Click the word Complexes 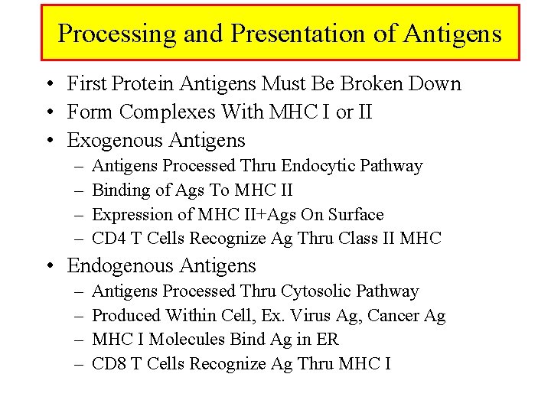point(168,112)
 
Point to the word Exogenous point(117,141)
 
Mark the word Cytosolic point(317,291)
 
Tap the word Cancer point(389,316)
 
